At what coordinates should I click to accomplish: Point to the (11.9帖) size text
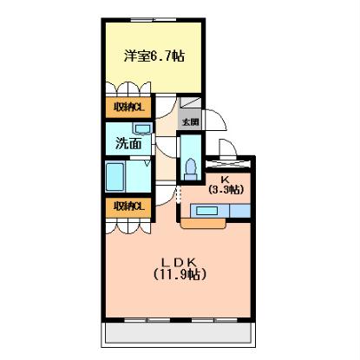(180, 275)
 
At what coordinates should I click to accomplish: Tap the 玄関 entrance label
(190, 122)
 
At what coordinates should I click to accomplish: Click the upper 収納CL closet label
(128, 108)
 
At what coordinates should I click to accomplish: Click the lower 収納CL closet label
(128, 206)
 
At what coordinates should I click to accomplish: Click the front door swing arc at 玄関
(219, 122)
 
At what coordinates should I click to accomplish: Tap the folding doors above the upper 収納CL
(128, 89)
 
